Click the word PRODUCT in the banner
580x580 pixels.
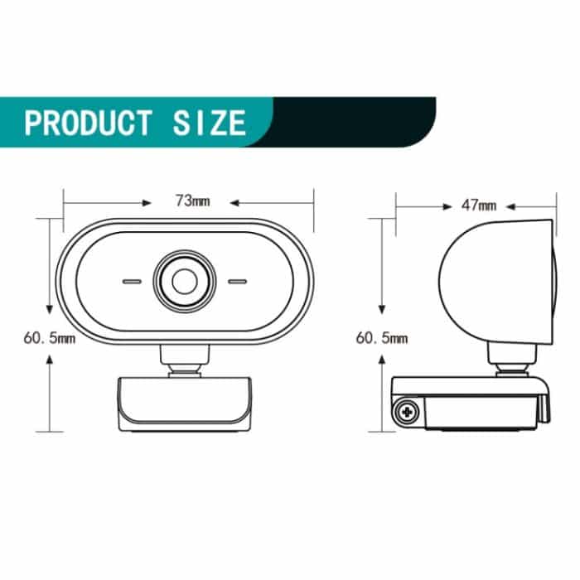click(88, 123)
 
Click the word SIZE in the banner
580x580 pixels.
click(209, 123)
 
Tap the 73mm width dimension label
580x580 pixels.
click(192, 201)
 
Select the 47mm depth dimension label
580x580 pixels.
click(479, 205)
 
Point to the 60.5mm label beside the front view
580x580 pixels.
click(50, 338)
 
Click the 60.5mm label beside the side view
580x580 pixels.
click(382, 338)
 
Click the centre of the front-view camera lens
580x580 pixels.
click(185, 281)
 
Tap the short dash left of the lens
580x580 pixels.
click(132, 282)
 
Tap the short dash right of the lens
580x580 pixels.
click(237, 282)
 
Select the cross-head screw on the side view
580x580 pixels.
click(407, 411)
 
